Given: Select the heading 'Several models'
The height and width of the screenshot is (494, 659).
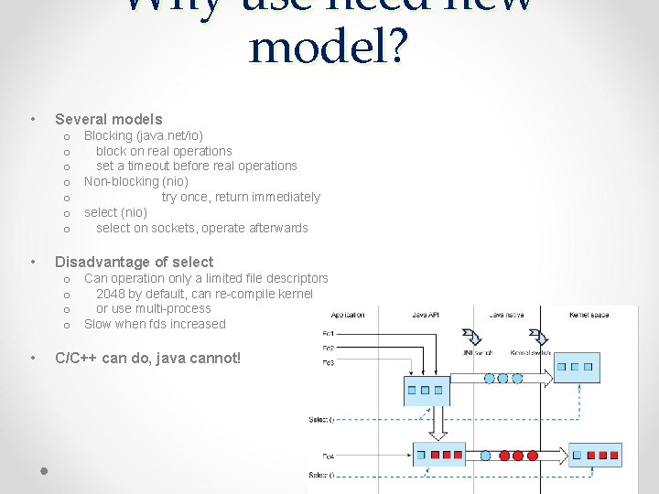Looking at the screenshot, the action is point(109,119).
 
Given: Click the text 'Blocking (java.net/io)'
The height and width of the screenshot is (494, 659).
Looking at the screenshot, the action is point(137,135).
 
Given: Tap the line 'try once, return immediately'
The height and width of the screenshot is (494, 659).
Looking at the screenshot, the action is point(241,197).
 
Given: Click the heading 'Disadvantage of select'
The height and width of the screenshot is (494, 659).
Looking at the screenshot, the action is point(135,262).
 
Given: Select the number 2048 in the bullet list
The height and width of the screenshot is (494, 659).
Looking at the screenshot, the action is point(111,294).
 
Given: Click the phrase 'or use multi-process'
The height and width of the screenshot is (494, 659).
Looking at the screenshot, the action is point(153,308).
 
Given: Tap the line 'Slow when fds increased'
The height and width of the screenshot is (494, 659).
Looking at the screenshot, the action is point(155,324).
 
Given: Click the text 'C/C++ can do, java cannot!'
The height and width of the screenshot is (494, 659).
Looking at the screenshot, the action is point(148,358).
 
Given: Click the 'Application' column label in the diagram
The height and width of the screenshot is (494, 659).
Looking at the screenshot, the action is point(348,315).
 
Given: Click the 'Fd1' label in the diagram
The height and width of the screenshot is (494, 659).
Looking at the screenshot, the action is point(328,333).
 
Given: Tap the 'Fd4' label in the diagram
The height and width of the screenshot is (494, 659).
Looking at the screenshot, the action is point(328,455).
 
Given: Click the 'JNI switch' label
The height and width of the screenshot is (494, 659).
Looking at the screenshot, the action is point(476,352).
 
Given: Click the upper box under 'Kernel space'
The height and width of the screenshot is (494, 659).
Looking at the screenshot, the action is point(577,368).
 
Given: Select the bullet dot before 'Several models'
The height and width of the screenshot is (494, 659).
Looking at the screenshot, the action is point(33,119).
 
